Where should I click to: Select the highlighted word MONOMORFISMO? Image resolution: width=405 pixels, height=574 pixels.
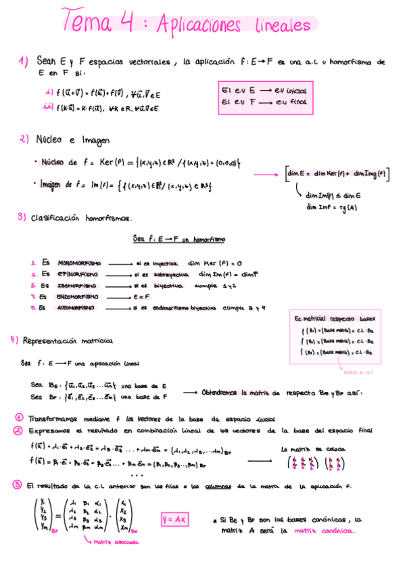[79, 263]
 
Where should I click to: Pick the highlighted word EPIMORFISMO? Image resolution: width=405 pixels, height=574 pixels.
[77, 274]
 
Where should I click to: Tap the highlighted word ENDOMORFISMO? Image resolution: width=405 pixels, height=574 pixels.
[78, 296]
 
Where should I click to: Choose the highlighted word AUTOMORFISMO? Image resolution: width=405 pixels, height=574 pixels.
[78, 307]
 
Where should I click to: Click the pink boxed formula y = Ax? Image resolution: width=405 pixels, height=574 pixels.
[175, 519]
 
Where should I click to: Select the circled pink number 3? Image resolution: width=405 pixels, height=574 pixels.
[17, 485]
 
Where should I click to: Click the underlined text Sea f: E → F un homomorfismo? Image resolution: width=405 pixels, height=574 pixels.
[179, 239]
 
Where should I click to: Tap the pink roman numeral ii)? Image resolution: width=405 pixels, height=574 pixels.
[48, 106]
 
